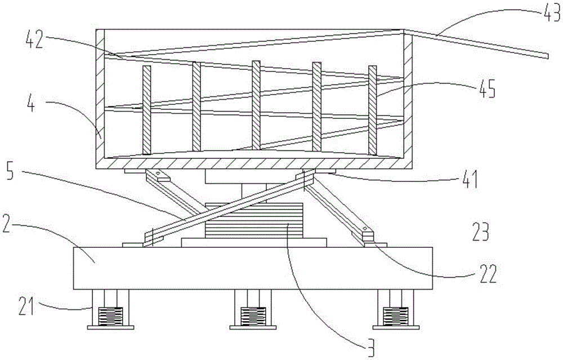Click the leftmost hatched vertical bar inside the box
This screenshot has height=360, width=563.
point(147,109)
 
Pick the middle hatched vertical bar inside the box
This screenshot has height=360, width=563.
point(256,105)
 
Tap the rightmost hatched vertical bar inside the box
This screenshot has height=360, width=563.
point(372,109)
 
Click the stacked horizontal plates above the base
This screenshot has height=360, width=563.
point(254,223)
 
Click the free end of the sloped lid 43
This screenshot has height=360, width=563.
point(545,55)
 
